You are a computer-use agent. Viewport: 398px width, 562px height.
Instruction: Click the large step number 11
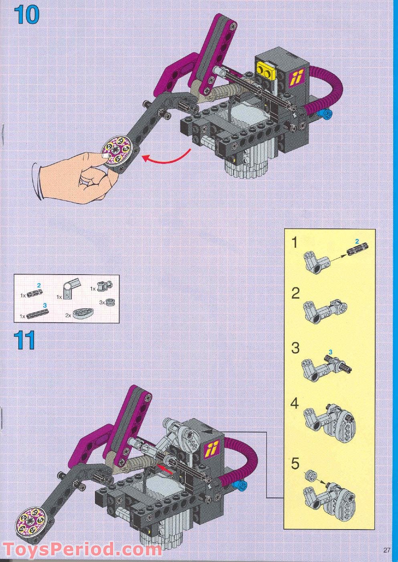pyautogui.click(x=24, y=341)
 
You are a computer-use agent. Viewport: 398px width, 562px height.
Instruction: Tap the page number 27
pyautogui.click(x=386, y=550)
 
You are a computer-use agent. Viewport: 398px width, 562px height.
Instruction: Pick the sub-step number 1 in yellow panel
pyautogui.click(x=295, y=243)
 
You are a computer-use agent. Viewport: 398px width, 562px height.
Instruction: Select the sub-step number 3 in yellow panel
pyautogui.click(x=295, y=348)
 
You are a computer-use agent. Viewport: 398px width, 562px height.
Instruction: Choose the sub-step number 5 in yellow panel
pyautogui.click(x=295, y=464)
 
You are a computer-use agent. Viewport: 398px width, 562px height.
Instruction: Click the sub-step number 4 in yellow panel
pyautogui.click(x=295, y=404)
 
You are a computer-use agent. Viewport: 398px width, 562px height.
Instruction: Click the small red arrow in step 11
pyautogui.click(x=165, y=468)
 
